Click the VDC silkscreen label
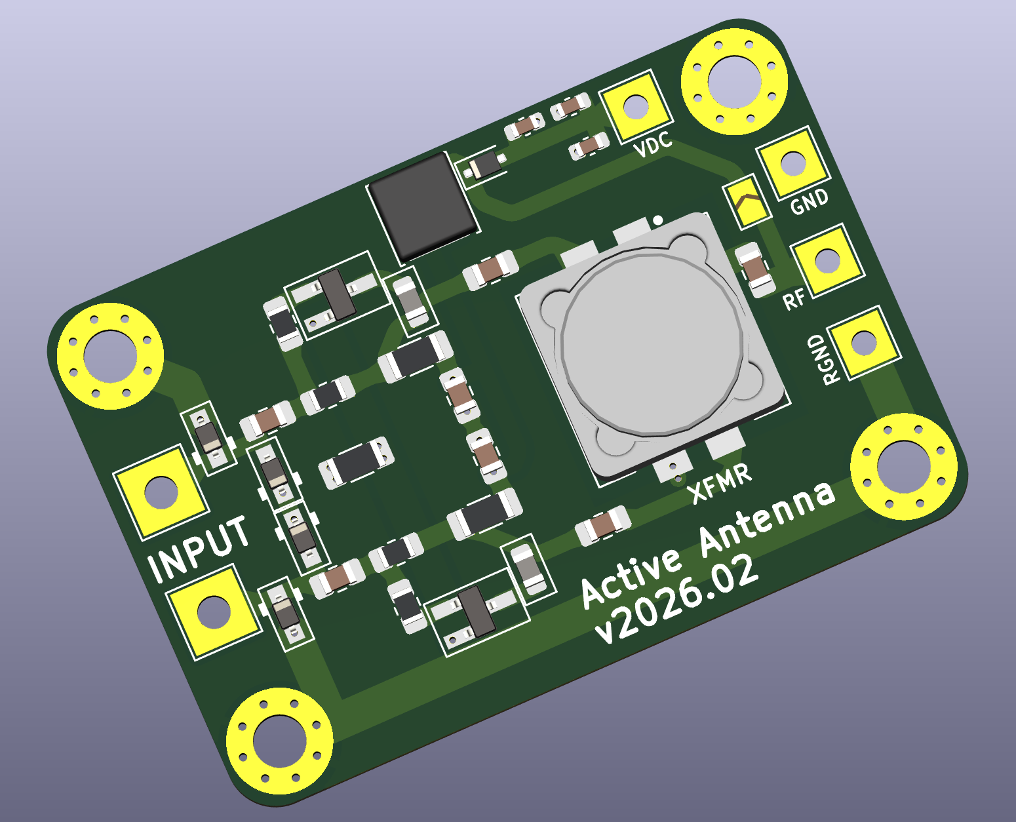(x=653, y=144)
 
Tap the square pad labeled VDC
(x=635, y=106)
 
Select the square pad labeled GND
(x=793, y=163)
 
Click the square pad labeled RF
(x=827, y=260)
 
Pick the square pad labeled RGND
(x=863, y=342)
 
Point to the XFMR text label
(x=722, y=483)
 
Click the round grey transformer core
(x=653, y=341)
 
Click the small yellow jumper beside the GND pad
(x=746, y=203)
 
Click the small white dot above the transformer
(x=658, y=220)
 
